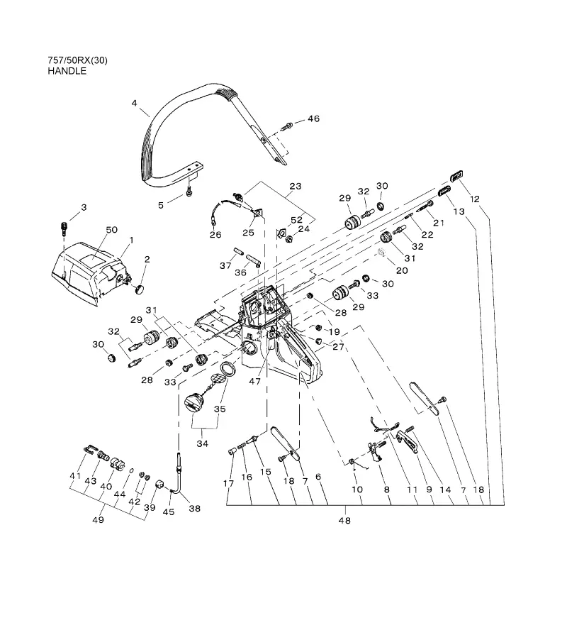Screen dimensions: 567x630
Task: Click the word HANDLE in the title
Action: (67, 71)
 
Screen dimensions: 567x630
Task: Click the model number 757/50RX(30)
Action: (77, 61)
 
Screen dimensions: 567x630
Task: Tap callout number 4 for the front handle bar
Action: (134, 104)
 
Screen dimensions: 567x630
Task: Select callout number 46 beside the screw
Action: (314, 118)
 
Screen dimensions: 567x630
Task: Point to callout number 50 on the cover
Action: (111, 230)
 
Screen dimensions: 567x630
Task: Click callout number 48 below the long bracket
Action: (344, 521)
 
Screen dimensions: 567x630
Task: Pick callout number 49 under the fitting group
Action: (99, 520)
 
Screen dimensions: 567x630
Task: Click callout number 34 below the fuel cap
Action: (203, 444)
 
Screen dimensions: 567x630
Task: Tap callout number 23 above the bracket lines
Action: (296, 187)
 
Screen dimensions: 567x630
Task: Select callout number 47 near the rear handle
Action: (255, 381)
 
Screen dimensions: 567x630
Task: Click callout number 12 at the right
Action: (475, 199)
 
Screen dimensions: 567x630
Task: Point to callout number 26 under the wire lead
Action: (215, 235)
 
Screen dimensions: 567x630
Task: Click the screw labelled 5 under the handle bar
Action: (189, 193)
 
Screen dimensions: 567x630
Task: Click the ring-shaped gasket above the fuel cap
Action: (229, 368)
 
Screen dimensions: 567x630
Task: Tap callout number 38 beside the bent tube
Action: (195, 509)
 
